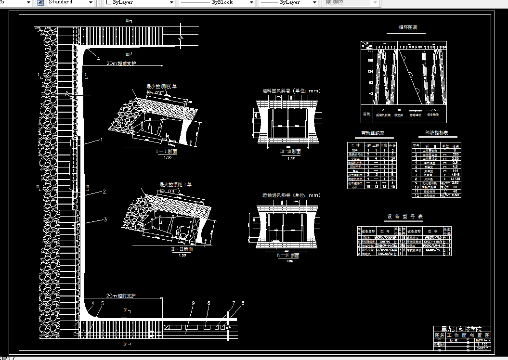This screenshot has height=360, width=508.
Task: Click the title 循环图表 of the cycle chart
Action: pyautogui.click(x=405, y=28)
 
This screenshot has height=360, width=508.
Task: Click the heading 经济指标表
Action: pyautogui.click(x=436, y=133)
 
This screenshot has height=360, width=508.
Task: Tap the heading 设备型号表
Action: pyautogui.click(x=404, y=217)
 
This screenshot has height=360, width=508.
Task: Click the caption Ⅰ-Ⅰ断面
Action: pyautogui.click(x=167, y=151)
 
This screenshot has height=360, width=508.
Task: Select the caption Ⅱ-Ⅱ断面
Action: pyautogui.click(x=182, y=249)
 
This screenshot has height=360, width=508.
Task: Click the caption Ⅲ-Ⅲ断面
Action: pyautogui.click(x=290, y=152)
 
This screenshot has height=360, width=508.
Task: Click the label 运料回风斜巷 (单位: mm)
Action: pyautogui.click(x=291, y=91)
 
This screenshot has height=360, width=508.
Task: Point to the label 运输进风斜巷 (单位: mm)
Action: pyautogui.click(x=291, y=195)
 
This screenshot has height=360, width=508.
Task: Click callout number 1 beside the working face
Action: pyautogui.click(x=102, y=140)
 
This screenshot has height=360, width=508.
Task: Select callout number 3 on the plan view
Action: pyautogui.click(x=105, y=220)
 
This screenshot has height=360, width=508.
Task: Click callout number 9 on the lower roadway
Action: pyautogui.click(x=193, y=303)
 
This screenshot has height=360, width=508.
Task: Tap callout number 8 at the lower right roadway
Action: pyautogui.click(x=243, y=303)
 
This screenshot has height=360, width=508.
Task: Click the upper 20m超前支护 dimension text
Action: pyautogui.click(x=121, y=63)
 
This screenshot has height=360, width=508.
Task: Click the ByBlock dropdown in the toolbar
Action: pyautogui.click(x=217, y=2)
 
